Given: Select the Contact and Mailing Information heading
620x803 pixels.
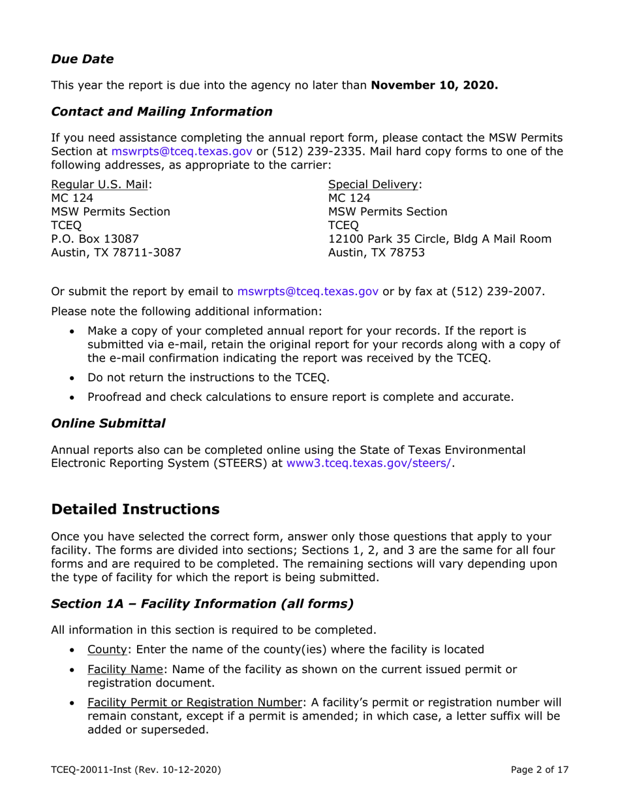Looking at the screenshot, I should tap(161, 112).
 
